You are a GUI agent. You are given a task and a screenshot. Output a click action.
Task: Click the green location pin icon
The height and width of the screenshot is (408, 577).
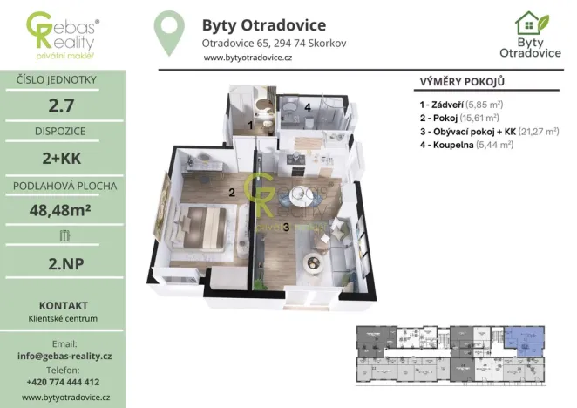tap(169, 32)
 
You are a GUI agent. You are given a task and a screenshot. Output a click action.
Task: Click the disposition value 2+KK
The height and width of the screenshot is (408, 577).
tap(63, 159)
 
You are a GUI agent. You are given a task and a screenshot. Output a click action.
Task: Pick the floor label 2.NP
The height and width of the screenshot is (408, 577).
tap(63, 262)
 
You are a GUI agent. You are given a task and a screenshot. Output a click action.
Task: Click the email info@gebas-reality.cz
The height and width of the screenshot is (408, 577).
tap(63, 357)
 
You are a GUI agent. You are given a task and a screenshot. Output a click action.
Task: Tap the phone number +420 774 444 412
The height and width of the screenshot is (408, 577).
tap(63, 382)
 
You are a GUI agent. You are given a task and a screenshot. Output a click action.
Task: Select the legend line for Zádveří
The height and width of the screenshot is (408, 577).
tap(466, 104)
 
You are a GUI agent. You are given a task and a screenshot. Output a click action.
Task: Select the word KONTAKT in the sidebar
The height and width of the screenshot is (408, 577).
tap(63, 306)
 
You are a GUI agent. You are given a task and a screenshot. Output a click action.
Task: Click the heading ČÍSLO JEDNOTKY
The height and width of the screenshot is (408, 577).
tap(63, 81)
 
